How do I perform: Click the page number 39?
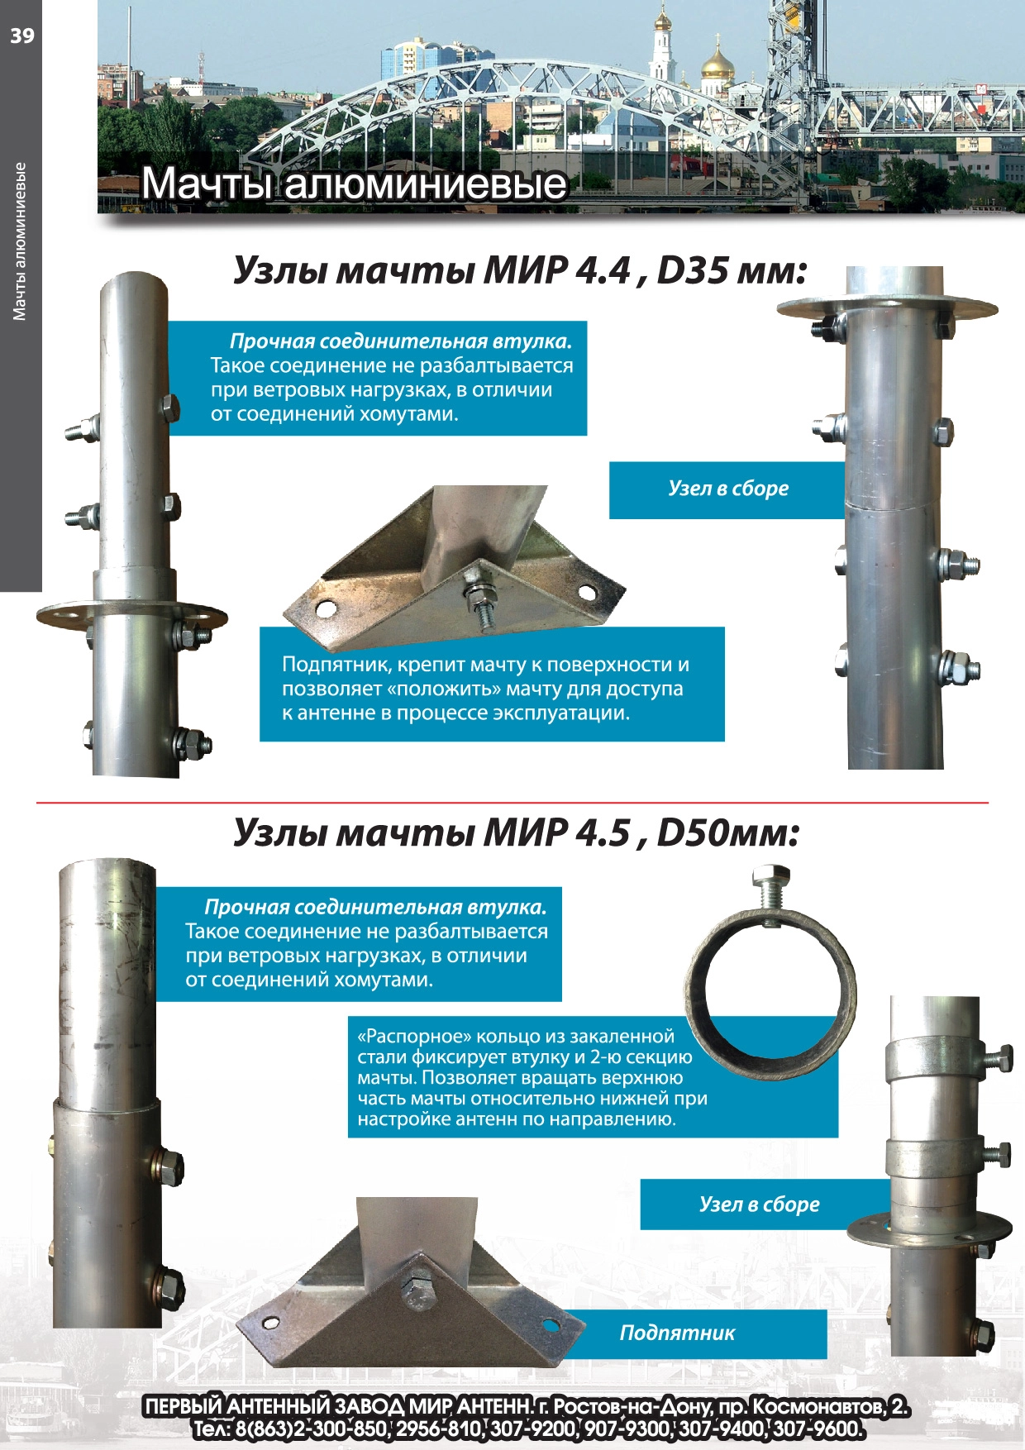(x=22, y=35)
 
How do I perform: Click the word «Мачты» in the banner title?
(x=205, y=184)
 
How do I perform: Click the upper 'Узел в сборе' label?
(x=728, y=489)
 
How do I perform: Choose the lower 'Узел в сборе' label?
(x=760, y=1204)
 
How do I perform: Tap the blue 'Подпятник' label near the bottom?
(x=677, y=1333)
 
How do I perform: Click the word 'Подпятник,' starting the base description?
(x=336, y=665)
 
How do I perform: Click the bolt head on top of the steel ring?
(x=771, y=876)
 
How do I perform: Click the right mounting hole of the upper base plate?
(x=587, y=593)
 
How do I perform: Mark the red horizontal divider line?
(x=512, y=803)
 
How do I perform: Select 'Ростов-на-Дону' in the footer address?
(x=631, y=1406)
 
